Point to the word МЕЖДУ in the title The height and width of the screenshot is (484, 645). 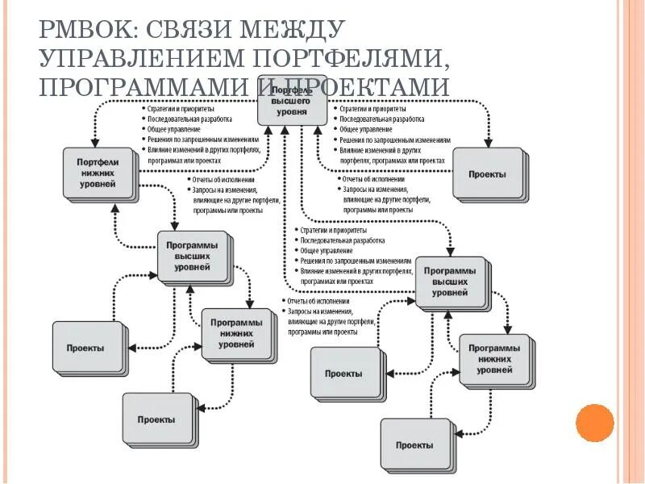point(295,30)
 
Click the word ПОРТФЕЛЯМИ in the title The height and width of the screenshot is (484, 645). point(343,58)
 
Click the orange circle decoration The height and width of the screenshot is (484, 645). point(595,423)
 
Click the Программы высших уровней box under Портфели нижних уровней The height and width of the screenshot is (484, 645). point(192,256)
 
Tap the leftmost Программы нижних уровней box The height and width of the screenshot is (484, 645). point(236,332)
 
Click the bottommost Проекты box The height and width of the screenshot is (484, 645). point(414,444)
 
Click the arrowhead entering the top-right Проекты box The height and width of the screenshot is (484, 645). point(487,143)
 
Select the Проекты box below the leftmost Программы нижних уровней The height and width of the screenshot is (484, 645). point(156,419)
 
